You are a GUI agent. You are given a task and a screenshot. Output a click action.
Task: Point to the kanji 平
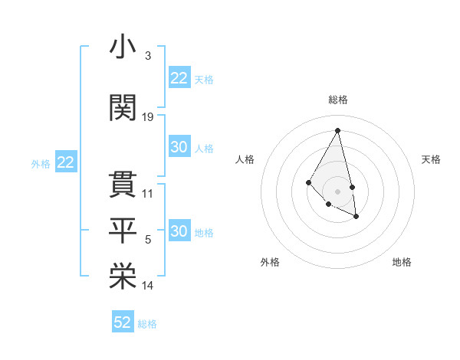pyautogui.click(x=123, y=228)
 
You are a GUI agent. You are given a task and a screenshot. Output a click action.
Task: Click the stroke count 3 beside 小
pyautogui.click(x=147, y=56)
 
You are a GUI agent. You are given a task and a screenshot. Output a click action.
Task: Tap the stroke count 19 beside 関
pyautogui.click(x=148, y=116)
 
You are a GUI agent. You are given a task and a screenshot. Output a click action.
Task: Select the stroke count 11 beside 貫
pyautogui.click(x=148, y=193)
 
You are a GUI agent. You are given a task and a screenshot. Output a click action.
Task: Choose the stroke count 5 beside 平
pyautogui.click(x=148, y=240)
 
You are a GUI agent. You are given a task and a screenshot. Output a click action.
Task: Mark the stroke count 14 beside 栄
pyautogui.click(x=148, y=286)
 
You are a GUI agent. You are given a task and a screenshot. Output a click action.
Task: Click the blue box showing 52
pyautogui.click(x=123, y=322)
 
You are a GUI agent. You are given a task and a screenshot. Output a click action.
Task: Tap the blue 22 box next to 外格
pyautogui.click(x=65, y=162)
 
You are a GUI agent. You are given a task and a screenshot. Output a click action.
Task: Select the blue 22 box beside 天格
pyautogui.click(x=179, y=78)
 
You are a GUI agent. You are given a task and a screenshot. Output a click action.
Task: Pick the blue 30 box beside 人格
pyautogui.click(x=179, y=147)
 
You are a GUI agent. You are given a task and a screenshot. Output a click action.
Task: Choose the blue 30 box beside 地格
pyautogui.click(x=179, y=231)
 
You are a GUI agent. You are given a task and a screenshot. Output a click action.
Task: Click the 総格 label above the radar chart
pyautogui.click(x=338, y=100)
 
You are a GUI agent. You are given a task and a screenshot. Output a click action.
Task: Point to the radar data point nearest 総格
pyautogui.click(x=338, y=131)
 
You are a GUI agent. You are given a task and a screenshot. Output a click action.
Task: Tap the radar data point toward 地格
pyautogui.click(x=356, y=217)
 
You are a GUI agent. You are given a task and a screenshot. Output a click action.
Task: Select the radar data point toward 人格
pyautogui.click(x=309, y=182)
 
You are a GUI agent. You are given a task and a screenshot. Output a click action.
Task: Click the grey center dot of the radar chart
pyautogui.click(x=338, y=191)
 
